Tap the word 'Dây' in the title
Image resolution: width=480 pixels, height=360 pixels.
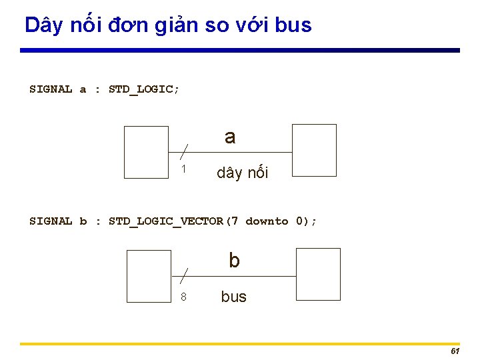(44, 25)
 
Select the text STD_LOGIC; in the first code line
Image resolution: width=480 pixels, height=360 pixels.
(144, 89)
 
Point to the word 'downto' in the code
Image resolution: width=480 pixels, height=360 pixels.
(267, 221)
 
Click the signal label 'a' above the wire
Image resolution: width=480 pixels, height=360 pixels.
(230, 137)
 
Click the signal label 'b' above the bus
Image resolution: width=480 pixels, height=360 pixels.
(234, 261)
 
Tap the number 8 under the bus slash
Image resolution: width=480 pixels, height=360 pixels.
(183, 297)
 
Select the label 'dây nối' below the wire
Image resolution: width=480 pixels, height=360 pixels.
(242, 173)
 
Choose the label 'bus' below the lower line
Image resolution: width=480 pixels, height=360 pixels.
(233, 297)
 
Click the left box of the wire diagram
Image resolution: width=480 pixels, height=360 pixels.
(147, 153)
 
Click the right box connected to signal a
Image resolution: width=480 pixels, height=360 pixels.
(315, 150)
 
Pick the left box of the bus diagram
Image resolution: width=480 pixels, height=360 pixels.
(149, 276)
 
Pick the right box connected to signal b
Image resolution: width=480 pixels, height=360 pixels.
(318, 274)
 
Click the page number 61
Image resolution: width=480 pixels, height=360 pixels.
(455, 351)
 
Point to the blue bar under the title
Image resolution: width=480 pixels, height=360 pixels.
(240, 50)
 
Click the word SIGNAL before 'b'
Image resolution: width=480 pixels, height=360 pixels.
(51, 221)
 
